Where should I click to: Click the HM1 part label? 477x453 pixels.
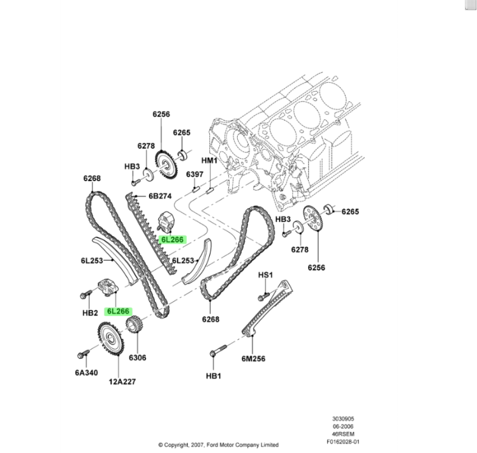pyautogui.click(x=210, y=160)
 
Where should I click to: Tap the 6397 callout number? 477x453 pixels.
pyautogui.click(x=194, y=175)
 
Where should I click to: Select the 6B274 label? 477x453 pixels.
pyautogui.click(x=161, y=197)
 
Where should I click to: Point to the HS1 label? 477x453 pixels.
pyautogui.click(x=265, y=275)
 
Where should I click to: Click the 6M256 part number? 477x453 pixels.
pyautogui.click(x=253, y=358)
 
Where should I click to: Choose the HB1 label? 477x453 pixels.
pyautogui.click(x=213, y=376)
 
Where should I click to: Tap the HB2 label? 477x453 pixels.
pyautogui.click(x=90, y=313)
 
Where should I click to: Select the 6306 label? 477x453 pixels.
pyautogui.click(x=137, y=357)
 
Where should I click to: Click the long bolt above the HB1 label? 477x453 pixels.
pyautogui.click(x=217, y=350)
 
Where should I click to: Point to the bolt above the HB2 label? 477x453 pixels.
pyautogui.click(x=85, y=295)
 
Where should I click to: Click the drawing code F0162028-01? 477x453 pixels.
pyautogui.click(x=344, y=440)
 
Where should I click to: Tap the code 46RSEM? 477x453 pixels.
pyautogui.click(x=344, y=433)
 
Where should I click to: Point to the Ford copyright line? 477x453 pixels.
pyautogui.click(x=219, y=444)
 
